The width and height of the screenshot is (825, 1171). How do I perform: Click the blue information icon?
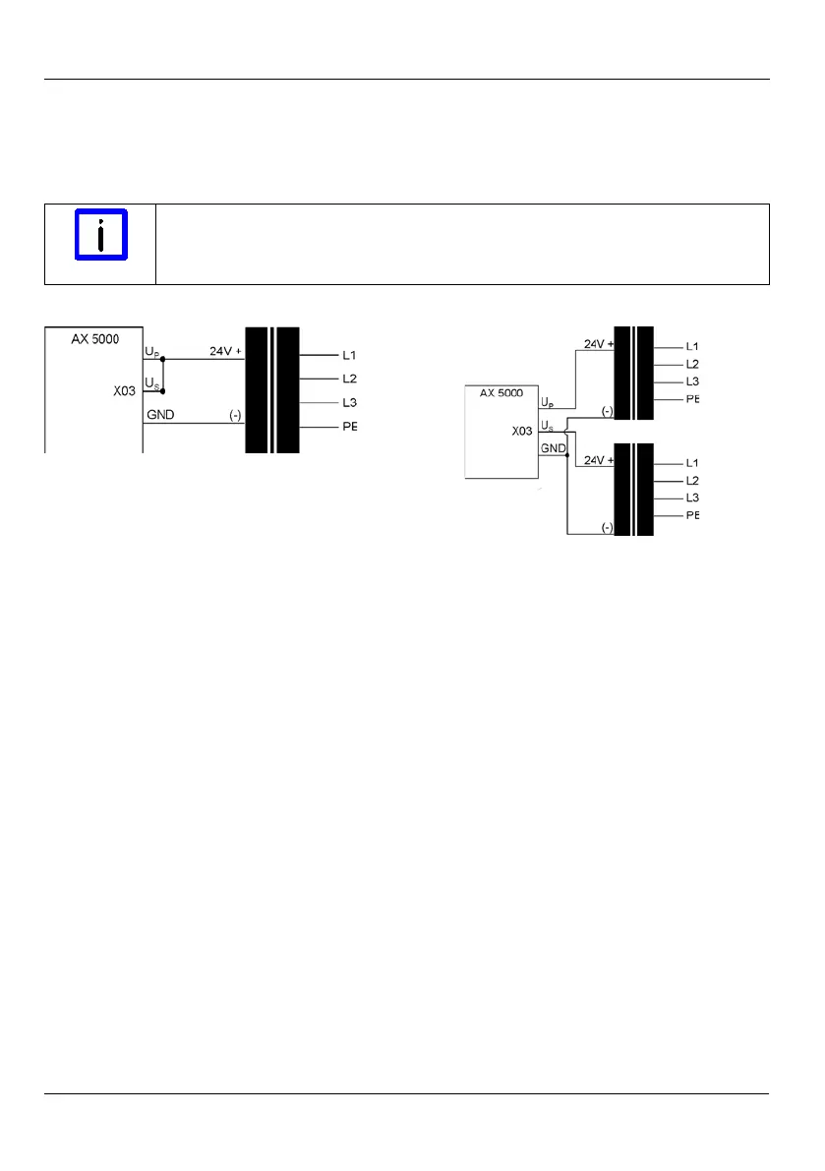click(x=101, y=234)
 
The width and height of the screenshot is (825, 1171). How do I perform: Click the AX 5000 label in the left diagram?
click(x=95, y=339)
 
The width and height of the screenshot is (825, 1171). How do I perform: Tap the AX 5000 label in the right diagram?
click(x=501, y=391)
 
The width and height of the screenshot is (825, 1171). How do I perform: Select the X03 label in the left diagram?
click(x=125, y=390)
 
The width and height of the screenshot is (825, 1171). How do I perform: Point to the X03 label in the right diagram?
click(x=522, y=431)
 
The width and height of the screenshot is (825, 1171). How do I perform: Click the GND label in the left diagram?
click(x=161, y=415)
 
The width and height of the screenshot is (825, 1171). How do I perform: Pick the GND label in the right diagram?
click(x=552, y=448)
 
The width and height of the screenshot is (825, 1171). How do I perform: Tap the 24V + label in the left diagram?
click(x=224, y=351)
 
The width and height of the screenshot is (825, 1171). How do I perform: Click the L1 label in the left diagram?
click(x=350, y=355)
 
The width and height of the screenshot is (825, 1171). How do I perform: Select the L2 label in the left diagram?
click(x=350, y=379)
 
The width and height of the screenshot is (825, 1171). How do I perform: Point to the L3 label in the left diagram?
click(x=350, y=403)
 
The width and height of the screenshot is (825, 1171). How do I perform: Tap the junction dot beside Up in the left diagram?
click(x=163, y=360)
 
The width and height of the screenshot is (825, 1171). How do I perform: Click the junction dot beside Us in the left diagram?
click(x=163, y=390)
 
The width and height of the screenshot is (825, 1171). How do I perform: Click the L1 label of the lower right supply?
click(x=692, y=462)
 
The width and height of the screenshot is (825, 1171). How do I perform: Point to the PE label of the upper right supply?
click(x=692, y=399)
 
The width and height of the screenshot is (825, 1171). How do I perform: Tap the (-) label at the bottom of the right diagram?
click(x=607, y=527)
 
